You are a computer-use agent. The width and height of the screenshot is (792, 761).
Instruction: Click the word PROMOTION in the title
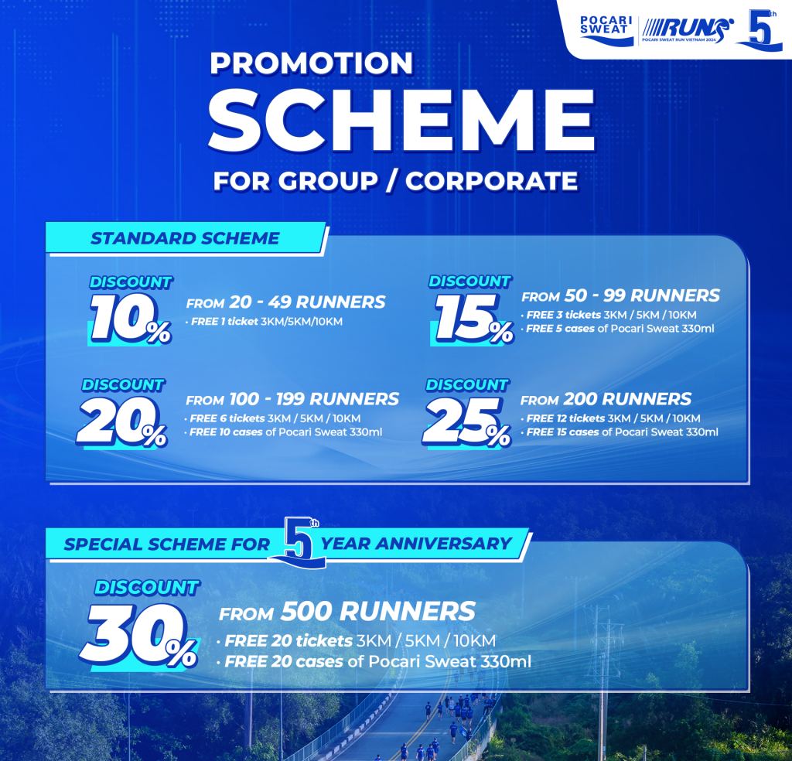(312, 63)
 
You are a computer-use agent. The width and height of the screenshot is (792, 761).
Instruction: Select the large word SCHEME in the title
(402, 121)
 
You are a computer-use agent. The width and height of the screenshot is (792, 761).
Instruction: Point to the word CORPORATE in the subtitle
(492, 181)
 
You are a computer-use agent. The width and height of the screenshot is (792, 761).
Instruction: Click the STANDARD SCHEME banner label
(185, 238)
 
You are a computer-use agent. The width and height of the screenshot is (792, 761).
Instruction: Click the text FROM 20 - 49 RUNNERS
(285, 302)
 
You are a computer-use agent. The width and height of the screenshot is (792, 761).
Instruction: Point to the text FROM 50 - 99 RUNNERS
(620, 295)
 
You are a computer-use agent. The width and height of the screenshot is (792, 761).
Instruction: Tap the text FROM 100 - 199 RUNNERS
(292, 400)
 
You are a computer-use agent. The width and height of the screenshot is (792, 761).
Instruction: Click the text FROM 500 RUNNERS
(347, 613)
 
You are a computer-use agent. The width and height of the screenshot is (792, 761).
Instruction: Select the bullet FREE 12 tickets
(565, 418)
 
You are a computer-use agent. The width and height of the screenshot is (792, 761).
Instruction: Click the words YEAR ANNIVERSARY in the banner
(416, 544)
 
